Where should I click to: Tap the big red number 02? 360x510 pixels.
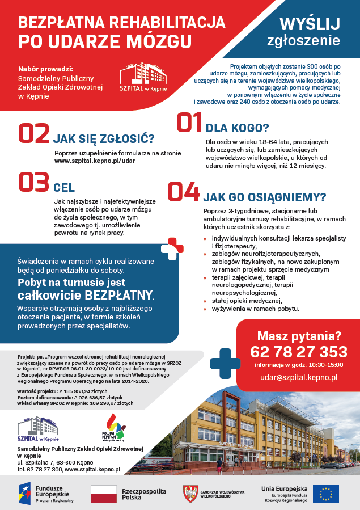pyautogui.click(x=34, y=133)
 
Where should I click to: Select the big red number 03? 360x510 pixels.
pyautogui.click(x=34, y=183)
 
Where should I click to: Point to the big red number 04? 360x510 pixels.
pyautogui.click(x=184, y=193)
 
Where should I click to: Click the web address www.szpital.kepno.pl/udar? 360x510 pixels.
pyautogui.click(x=95, y=161)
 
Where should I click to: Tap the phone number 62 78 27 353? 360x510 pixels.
pyautogui.click(x=298, y=351)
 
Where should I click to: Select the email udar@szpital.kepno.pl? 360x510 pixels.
pyautogui.click(x=298, y=377)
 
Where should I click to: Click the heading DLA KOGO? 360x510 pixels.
pyautogui.click(x=237, y=128)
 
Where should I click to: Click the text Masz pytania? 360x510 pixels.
pyautogui.click(x=298, y=335)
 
